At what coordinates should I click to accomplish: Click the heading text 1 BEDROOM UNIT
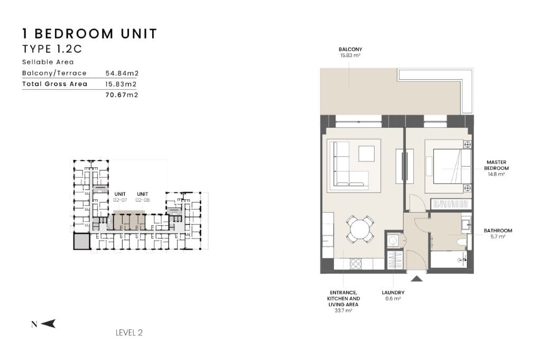point(90,34)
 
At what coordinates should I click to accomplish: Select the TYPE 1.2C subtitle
point(52,49)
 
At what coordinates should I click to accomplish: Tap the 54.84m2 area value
point(122,73)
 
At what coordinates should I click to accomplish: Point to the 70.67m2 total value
point(122,95)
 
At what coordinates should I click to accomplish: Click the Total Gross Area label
point(54,84)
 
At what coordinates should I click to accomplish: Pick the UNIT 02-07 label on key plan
point(120,197)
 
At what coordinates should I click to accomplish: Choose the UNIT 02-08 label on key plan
point(142,197)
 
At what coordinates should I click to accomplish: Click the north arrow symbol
point(48,324)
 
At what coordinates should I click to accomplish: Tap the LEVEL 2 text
point(129,333)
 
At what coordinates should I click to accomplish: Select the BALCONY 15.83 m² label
point(350,52)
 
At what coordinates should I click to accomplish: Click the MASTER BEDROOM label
point(496,168)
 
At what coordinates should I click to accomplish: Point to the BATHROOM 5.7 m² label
point(498,233)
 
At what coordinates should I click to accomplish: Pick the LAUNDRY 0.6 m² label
point(393,296)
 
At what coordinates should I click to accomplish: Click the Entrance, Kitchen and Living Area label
point(343,301)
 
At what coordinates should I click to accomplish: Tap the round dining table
point(360,229)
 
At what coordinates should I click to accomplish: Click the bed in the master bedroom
point(452,166)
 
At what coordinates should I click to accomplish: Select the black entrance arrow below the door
point(416,278)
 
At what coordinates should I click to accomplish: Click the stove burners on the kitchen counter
point(356,264)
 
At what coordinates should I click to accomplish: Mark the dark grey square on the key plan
point(82,241)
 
